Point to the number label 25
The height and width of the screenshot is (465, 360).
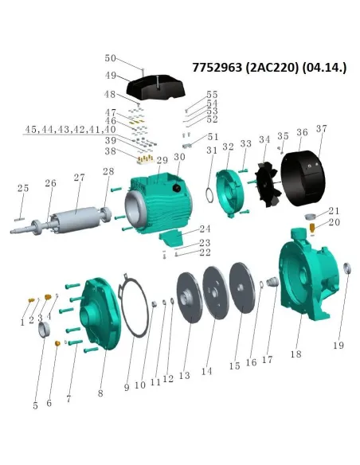click(23, 189)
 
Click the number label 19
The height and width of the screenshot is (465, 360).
click(339, 346)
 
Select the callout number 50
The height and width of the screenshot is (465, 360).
click(111, 59)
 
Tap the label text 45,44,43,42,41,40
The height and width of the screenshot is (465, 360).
click(70, 128)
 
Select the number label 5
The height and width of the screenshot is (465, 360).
click(36, 405)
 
